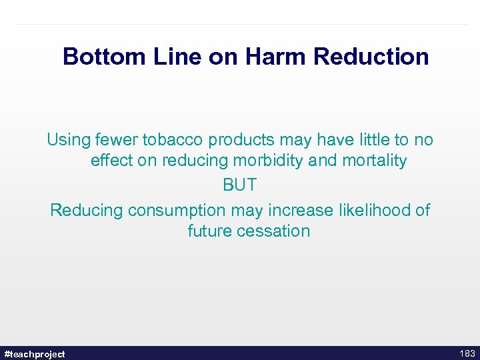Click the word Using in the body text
(69, 140)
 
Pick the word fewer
(117, 140)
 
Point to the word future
(209, 231)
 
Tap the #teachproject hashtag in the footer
(35, 354)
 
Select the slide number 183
(467, 353)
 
